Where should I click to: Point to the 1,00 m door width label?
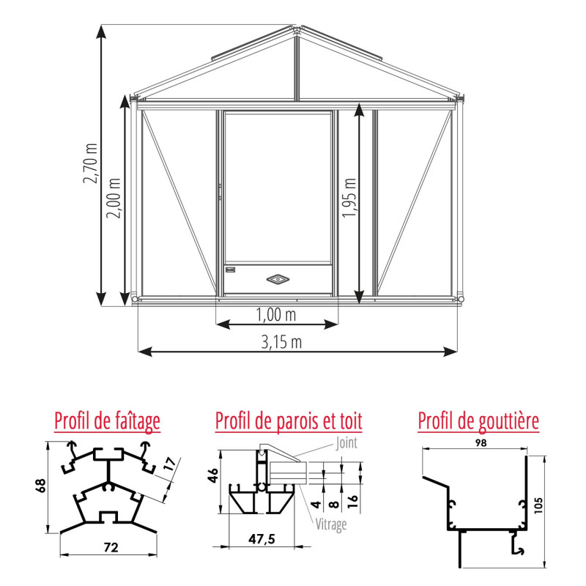(277, 314)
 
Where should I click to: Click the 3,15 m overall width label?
(282, 342)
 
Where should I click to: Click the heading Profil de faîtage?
(107, 421)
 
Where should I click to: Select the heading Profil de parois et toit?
(289, 421)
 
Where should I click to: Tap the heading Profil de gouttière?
(478, 421)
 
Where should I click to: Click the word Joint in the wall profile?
(348, 442)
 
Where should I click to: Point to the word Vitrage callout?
(332, 524)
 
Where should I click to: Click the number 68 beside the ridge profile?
(42, 486)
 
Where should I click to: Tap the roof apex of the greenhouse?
(297, 29)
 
